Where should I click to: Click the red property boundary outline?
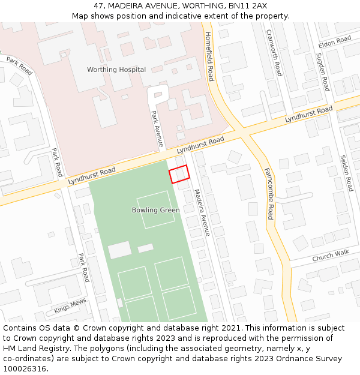[x=179, y=174]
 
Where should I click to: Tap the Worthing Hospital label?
[x=116, y=70]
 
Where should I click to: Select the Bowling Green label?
[x=156, y=210]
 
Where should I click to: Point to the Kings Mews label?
[x=70, y=306]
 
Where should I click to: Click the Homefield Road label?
[x=209, y=56]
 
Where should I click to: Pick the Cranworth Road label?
[x=274, y=53]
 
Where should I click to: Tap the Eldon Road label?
[x=334, y=42]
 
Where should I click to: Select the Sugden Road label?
[x=323, y=71]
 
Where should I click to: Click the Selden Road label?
[x=346, y=173]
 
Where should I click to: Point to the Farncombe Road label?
[x=268, y=193]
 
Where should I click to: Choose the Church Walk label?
[x=331, y=256]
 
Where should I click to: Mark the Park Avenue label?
[x=157, y=129]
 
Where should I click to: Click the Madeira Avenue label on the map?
[x=202, y=212]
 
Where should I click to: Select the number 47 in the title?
[x=98, y=6]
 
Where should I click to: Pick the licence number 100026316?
[x=24, y=369]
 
